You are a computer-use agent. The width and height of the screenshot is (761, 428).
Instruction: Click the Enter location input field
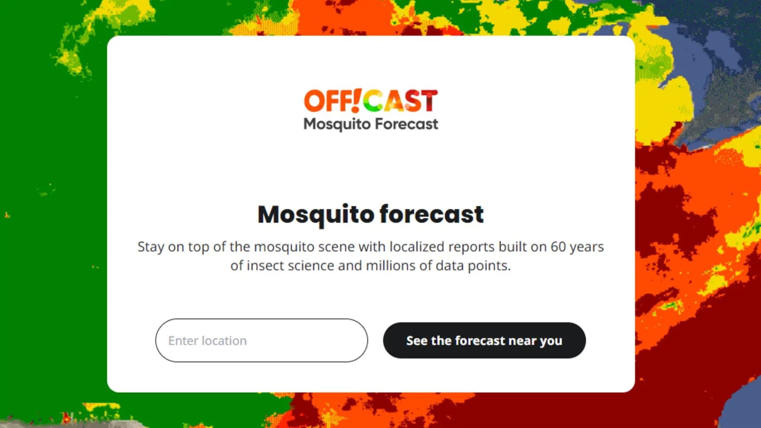click(x=261, y=341)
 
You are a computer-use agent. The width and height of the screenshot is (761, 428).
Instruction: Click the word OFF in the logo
click(x=326, y=101)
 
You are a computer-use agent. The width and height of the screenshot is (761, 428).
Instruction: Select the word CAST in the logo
click(x=400, y=101)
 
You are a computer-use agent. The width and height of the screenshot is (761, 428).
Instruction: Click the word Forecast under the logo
click(x=406, y=124)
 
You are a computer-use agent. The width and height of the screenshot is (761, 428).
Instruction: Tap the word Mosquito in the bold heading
click(x=315, y=214)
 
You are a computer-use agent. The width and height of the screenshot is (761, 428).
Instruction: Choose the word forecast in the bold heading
click(x=432, y=214)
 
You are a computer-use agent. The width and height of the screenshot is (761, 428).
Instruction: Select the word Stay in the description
click(x=150, y=246)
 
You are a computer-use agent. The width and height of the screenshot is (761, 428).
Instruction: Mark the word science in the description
click(x=311, y=265)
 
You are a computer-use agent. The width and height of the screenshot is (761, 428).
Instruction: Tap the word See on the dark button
click(x=417, y=341)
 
